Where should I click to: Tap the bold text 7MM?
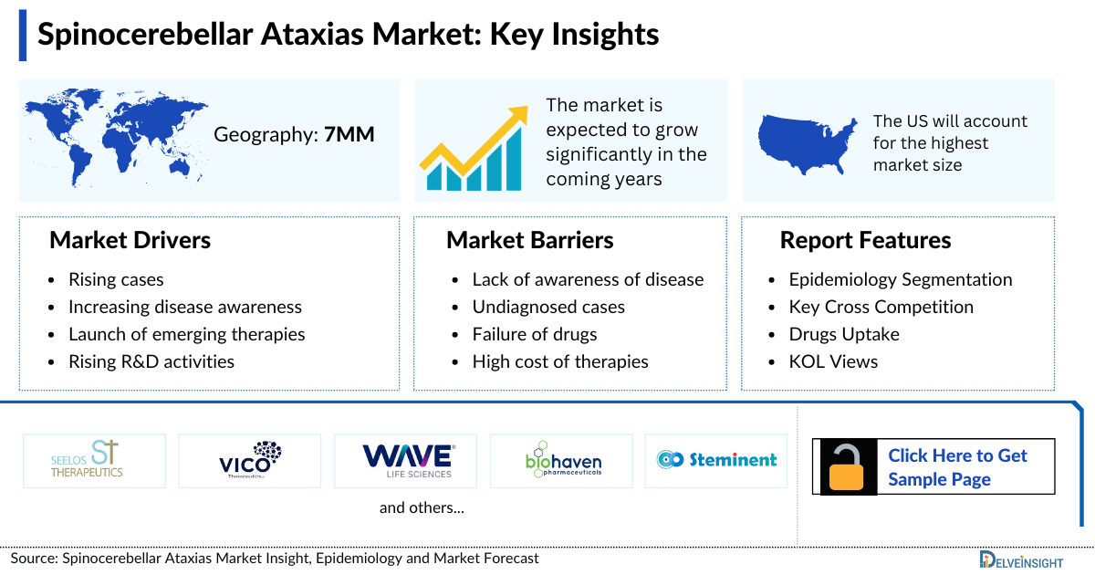(349, 135)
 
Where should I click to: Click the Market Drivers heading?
(130, 240)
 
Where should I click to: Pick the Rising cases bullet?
(116, 279)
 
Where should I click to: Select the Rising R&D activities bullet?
(151, 361)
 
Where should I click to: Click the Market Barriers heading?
(529, 240)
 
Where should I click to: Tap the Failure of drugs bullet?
(535, 334)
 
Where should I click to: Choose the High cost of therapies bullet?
(560, 361)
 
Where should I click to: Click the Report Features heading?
(865, 240)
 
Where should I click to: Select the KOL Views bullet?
(833, 361)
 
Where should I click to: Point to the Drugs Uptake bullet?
(844, 334)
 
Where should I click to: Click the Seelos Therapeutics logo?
(95, 460)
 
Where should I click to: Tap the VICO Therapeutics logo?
(250, 460)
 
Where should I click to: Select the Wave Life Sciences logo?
(406, 460)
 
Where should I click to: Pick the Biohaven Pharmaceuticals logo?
(562, 460)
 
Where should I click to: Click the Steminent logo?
(716, 460)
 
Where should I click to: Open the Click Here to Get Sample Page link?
(957, 467)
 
